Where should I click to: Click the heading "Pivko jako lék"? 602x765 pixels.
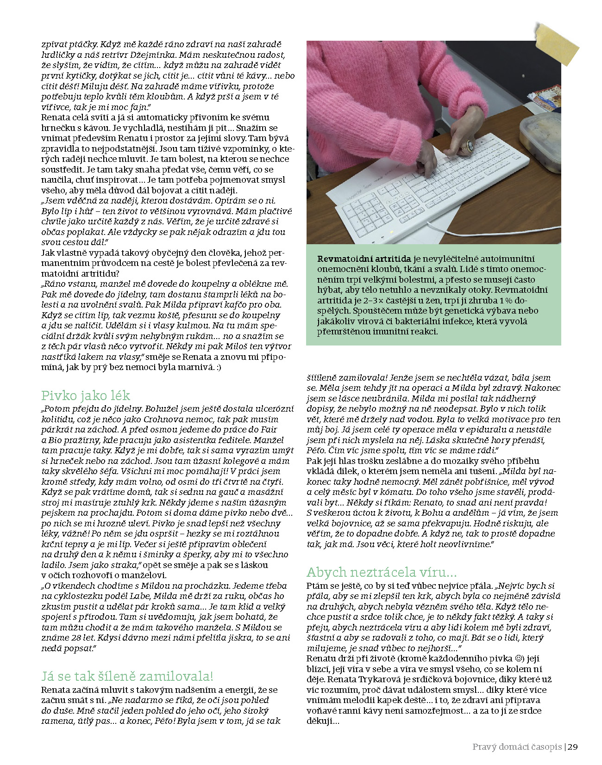coord(86,396)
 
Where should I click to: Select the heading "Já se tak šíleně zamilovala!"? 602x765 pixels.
coord(127,676)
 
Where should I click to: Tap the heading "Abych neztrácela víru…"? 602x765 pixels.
coord(382,572)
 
